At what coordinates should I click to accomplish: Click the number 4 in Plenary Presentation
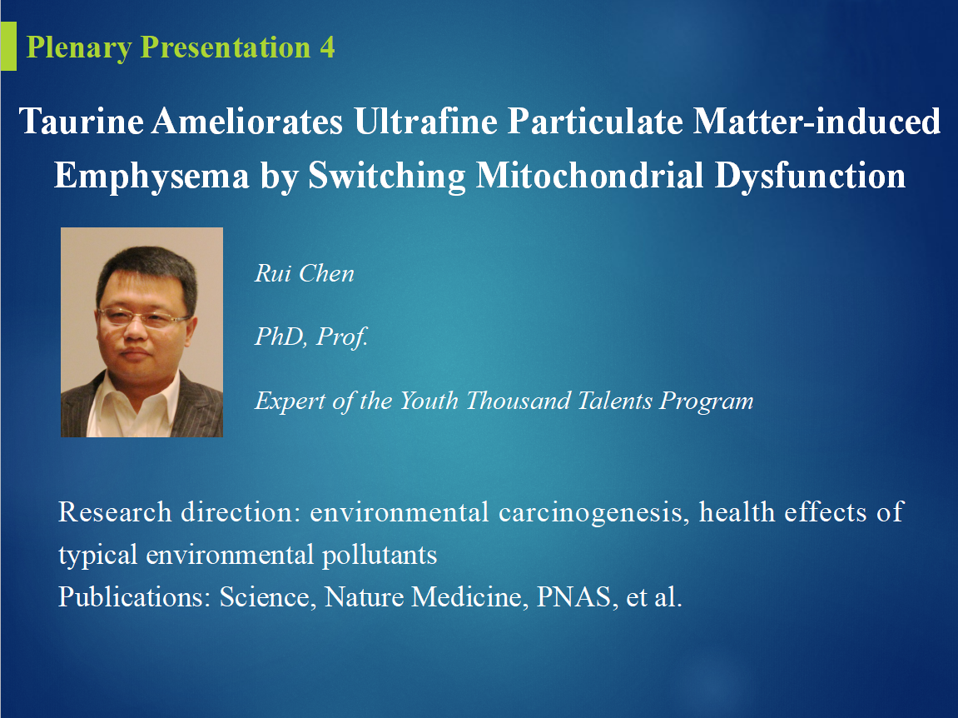click(327, 47)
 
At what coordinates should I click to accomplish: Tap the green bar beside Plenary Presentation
click(8, 46)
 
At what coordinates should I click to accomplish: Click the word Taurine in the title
click(82, 121)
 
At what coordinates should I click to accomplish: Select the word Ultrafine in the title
click(425, 121)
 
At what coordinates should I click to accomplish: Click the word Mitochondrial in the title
click(589, 176)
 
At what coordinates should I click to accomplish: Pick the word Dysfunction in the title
click(810, 176)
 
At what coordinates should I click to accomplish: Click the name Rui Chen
click(305, 273)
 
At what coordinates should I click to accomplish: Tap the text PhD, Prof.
click(311, 337)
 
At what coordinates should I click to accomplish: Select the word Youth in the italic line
click(429, 401)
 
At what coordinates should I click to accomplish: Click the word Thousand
click(520, 401)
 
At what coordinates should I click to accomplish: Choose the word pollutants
click(380, 556)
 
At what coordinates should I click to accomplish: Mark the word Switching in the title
click(387, 176)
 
